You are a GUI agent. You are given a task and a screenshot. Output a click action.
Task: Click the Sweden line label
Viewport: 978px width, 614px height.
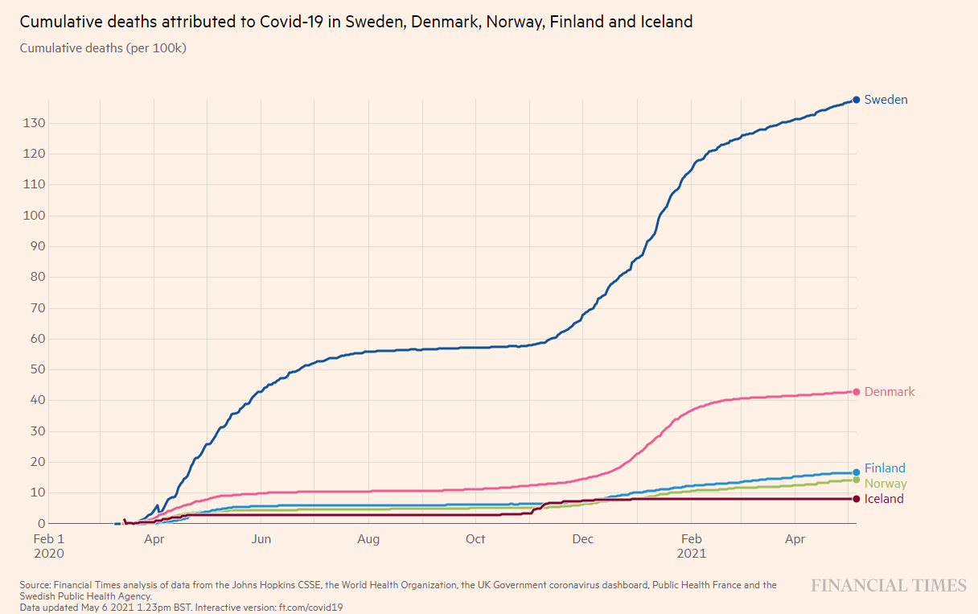point(886,100)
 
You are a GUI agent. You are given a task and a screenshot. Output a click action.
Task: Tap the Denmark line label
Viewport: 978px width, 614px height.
point(890,392)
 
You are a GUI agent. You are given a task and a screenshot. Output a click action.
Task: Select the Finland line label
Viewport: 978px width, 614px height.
point(885,468)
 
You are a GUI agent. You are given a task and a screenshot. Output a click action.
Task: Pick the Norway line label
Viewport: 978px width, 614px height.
point(886,484)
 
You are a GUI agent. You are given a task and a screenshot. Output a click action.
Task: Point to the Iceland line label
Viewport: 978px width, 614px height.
point(884,499)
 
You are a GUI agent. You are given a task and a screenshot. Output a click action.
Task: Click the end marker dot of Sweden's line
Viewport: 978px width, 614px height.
point(857,100)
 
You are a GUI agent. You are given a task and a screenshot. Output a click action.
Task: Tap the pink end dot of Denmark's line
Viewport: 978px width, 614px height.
point(857,392)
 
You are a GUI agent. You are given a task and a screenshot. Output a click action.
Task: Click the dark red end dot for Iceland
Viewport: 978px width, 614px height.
point(857,499)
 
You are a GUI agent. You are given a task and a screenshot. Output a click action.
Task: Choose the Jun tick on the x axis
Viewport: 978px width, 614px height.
point(261,539)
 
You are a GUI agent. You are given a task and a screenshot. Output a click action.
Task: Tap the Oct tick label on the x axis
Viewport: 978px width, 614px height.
point(475,539)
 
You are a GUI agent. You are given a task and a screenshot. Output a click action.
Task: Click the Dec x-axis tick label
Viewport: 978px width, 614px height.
point(582,539)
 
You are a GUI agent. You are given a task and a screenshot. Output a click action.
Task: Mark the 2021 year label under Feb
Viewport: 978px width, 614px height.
point(691,554)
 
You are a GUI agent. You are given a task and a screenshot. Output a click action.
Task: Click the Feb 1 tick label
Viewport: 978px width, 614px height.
point(48,539)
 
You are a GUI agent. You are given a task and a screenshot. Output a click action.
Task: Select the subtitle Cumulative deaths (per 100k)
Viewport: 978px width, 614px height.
point(103,48)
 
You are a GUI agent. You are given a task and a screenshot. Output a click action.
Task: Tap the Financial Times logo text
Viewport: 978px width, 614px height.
point(888,585)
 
